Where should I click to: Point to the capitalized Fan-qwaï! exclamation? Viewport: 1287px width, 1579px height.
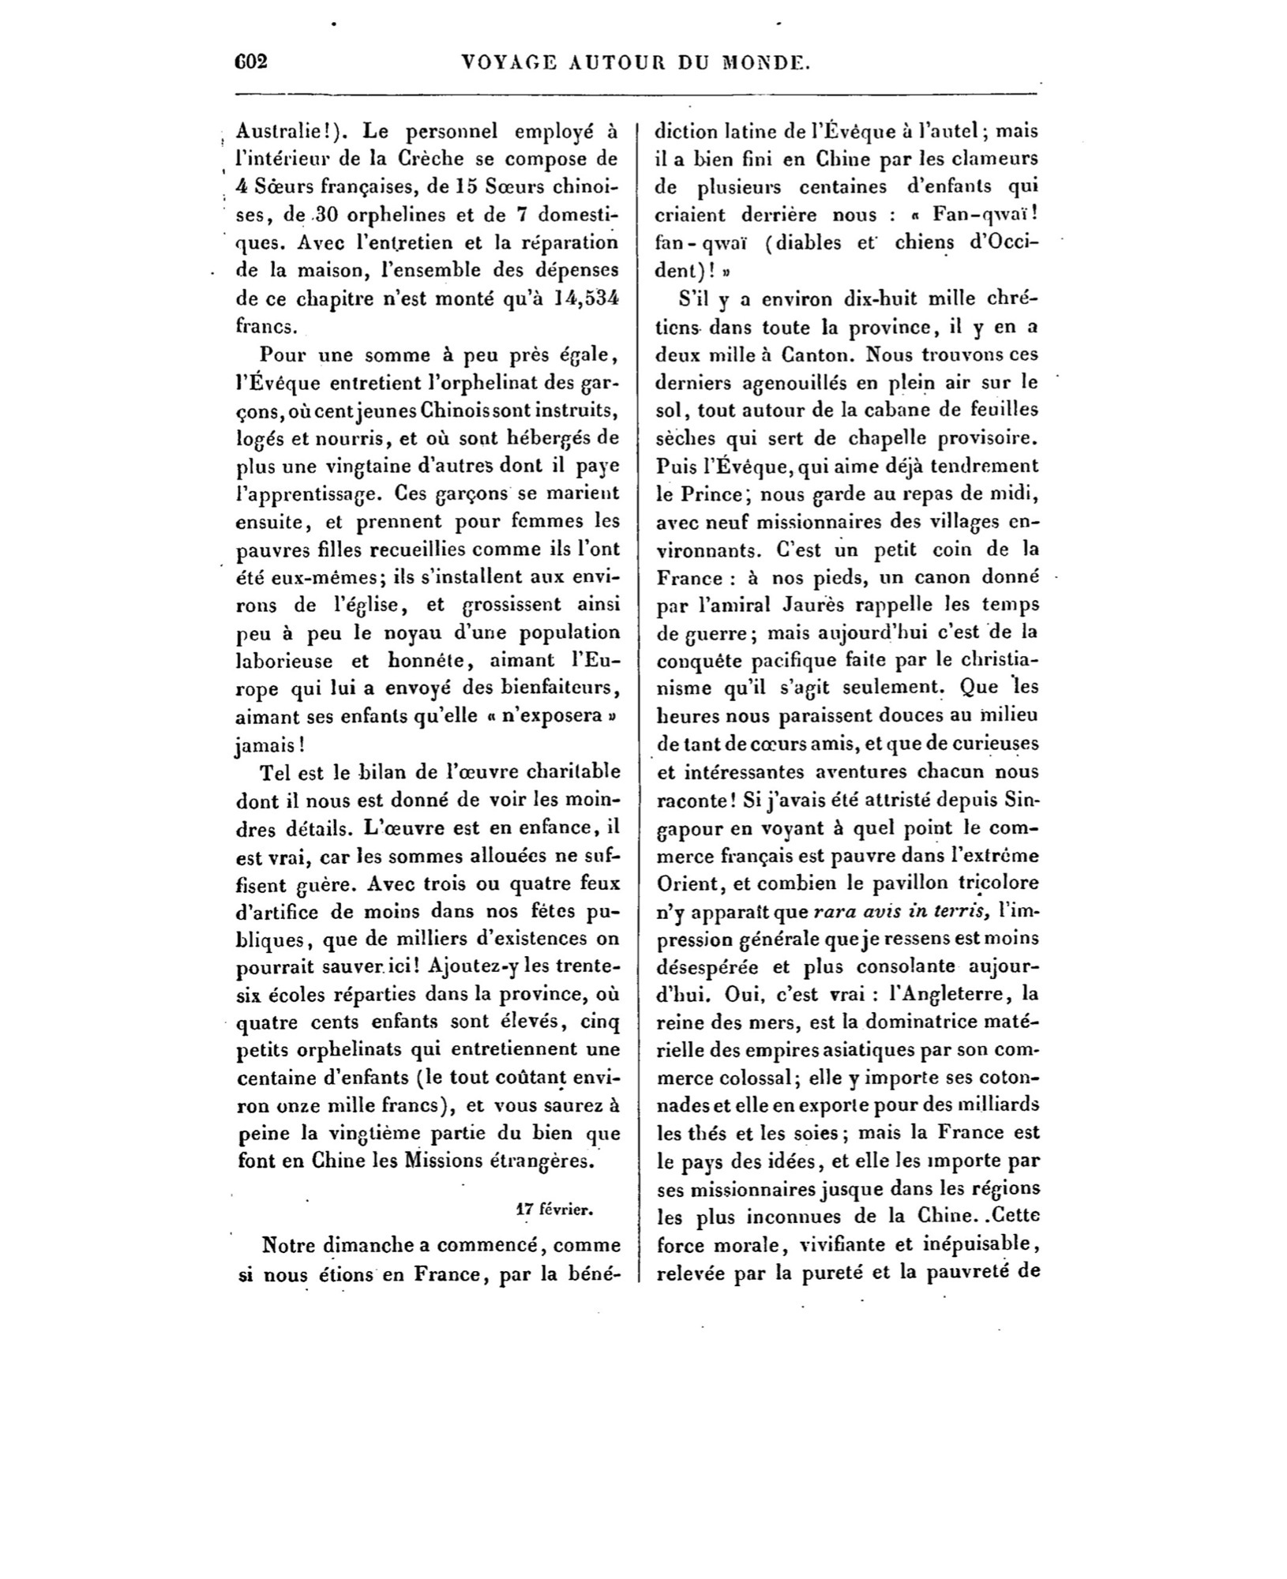(x=984, y=214)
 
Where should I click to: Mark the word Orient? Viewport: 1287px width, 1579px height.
(x=685, y=882)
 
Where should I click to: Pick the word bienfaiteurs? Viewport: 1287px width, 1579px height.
(x=561, y=688)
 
